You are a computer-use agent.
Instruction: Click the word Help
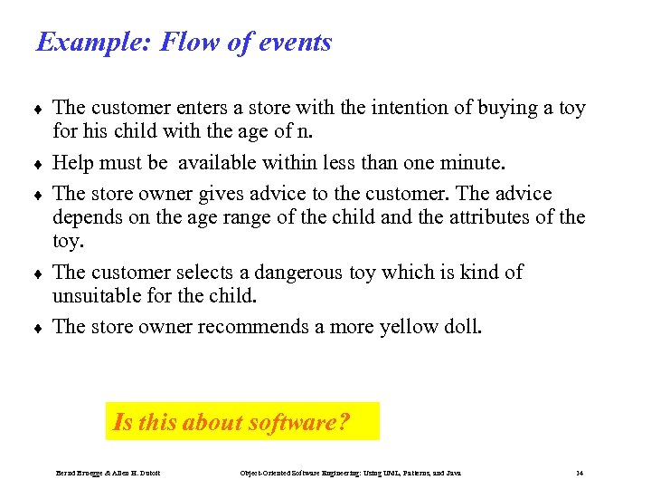(73, 163)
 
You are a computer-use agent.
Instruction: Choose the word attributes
(485, 218)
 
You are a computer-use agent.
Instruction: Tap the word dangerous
(300, 273)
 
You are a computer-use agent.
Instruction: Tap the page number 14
(580, 474)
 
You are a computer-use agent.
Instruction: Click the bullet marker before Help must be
(39, 165)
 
